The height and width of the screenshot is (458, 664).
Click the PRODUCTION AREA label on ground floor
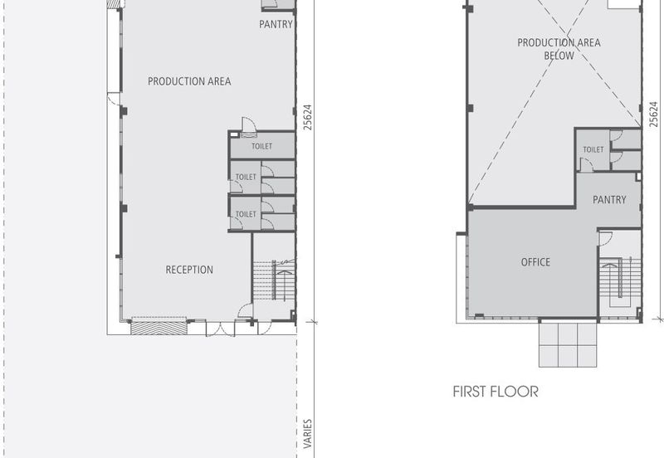189,81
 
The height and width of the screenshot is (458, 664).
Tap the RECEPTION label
189,270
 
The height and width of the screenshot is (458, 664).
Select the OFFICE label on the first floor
535,262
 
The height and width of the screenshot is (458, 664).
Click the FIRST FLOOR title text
496,392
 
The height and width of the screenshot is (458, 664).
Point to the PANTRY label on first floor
609,199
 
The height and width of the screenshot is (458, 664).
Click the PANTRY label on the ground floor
276,24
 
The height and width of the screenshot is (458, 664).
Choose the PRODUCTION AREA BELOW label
559,49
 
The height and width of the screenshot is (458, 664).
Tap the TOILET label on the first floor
593,149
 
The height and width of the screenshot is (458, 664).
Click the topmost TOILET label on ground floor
261,146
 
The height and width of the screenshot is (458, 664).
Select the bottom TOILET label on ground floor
246,214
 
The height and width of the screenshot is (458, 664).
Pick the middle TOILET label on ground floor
246,177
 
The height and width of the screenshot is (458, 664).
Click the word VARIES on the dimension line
308,434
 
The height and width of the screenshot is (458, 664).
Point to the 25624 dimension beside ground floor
308,117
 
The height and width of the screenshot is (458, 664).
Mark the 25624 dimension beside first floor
654,114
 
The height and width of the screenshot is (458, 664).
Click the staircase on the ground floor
274,280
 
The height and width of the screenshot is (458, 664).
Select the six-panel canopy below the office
568,344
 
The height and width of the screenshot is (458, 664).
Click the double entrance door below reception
220,329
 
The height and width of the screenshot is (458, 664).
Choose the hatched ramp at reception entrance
159,329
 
